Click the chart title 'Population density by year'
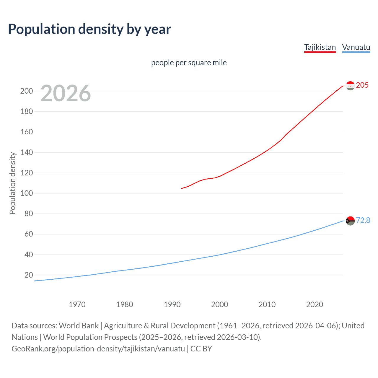[89, 29]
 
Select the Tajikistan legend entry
[320, 47]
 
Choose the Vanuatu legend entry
[356, 47]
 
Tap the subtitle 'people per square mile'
[189, 63]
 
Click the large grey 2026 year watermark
[66, 93]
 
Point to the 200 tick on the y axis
[27, 91]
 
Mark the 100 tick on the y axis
[27, 193]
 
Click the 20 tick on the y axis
[29, 275]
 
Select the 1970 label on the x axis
[77, 304]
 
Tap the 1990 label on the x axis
[172, 304]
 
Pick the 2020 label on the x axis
[315, 304]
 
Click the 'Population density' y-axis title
[12, 183]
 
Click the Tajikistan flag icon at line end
[350, 86]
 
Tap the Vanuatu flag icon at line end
[350, 221]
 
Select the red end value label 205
[362, 85]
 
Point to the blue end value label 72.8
[363, 221]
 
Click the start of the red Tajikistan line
[182, 188]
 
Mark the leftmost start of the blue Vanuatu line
[35, 281]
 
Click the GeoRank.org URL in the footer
[98, 349]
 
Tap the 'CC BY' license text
[201, 349]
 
